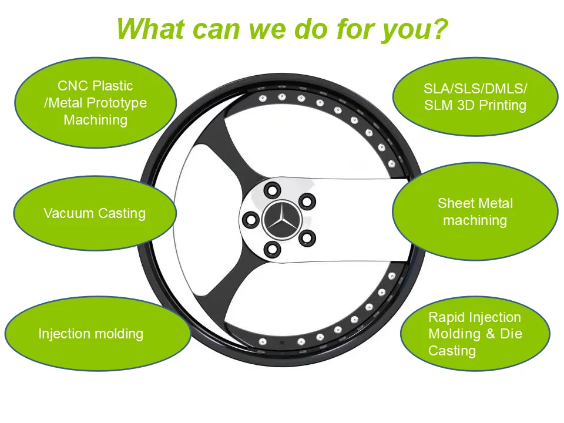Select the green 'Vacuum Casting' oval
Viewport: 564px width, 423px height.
[95, 213]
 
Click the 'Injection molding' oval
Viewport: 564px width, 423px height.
[98, 334]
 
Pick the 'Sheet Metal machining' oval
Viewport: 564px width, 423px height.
[475, 211]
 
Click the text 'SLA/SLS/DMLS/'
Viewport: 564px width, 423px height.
[475, 89]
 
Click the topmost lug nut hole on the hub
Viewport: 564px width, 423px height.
[271, 190]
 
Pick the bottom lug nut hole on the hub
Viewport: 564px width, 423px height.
[271, 249]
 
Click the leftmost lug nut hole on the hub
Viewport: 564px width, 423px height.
[251, 220]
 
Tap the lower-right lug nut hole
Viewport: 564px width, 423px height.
[306, 238]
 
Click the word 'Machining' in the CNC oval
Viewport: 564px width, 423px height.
[96, 120]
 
